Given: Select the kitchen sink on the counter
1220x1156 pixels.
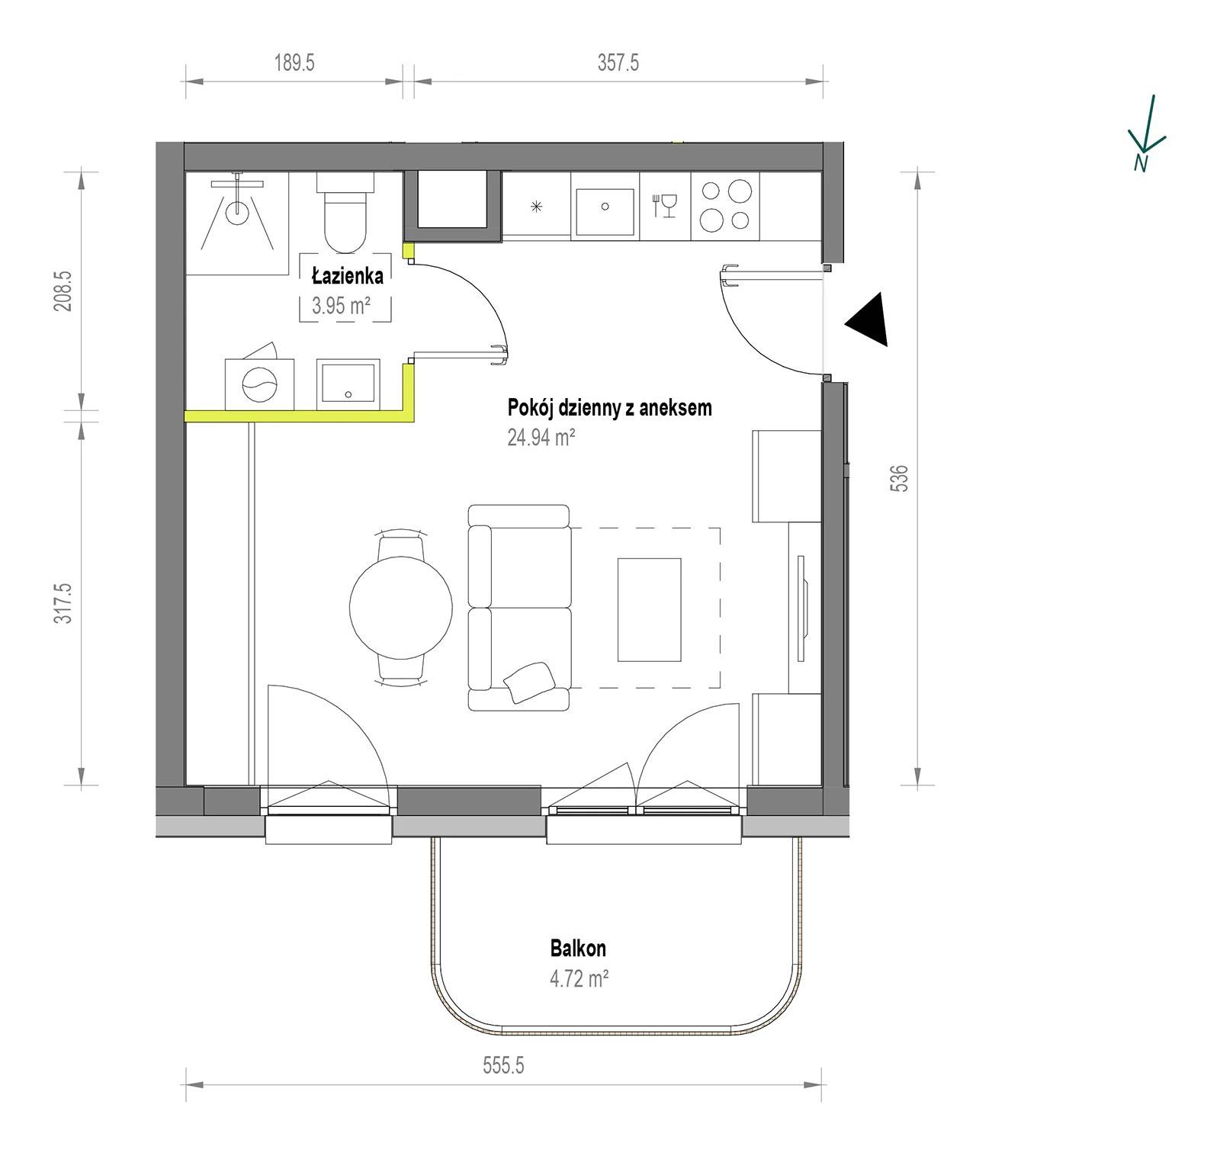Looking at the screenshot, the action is pyautogui.click(x=605, y=211).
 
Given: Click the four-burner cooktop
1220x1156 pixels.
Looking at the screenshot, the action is pyautogui.click(x=726, y=205).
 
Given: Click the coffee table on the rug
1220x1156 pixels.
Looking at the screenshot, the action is pyautogui.click(x=649, y=609).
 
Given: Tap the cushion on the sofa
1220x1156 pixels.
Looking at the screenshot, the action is pyautogui.click(x=529, y=682).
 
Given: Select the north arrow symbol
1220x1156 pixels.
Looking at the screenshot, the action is pyautogui.click(x=1146, y=133).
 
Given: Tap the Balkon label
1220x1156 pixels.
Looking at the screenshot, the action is pyautogui.click(x=578, y=948).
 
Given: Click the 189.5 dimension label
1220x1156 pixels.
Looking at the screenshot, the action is pyautogui.click(x=294, y=63).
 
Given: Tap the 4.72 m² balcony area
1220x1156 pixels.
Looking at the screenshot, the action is pyautogui.click(x=579, y=978).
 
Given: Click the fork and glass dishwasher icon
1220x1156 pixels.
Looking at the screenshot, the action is pyautogui.click(x=666, y=205).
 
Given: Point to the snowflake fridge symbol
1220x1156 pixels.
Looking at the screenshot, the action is pyautogui.click(x=537, y=206).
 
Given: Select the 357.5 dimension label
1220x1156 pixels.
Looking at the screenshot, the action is pyautogui.click(x=618, y=63).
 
